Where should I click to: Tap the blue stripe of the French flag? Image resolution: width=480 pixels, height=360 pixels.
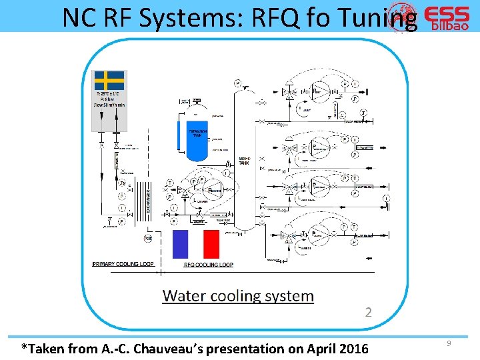[x=181, y=244]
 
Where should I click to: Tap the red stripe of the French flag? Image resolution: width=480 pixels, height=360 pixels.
[x=211, y=244]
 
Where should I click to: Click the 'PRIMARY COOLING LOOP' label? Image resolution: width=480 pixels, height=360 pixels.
[x=123, y=264]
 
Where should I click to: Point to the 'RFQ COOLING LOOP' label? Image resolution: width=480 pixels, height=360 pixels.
[x=208, y=265]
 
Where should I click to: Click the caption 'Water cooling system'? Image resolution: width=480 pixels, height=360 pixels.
[x=238, y=296]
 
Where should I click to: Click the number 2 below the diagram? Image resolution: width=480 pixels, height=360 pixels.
[x=369, y=312]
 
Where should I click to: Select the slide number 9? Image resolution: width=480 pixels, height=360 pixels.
[x=449, y=343]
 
